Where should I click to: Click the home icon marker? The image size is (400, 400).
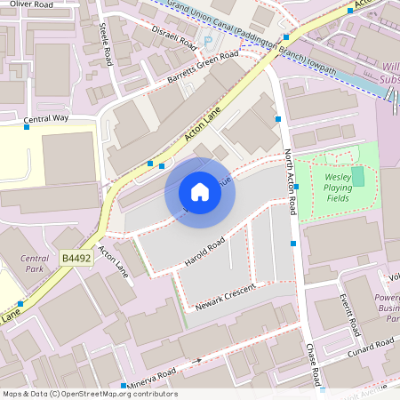click(x=200, y=192)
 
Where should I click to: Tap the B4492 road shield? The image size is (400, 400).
click(x=76, y=258)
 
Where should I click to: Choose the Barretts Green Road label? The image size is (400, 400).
click(x=203, y=68)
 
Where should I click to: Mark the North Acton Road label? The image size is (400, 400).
click(x=289, y=181)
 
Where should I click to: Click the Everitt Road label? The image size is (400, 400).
click(x=350, y=313)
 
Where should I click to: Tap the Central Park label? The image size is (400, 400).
click(x=34, y=263)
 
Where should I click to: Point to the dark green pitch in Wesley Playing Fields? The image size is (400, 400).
click(x=357, y=176)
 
